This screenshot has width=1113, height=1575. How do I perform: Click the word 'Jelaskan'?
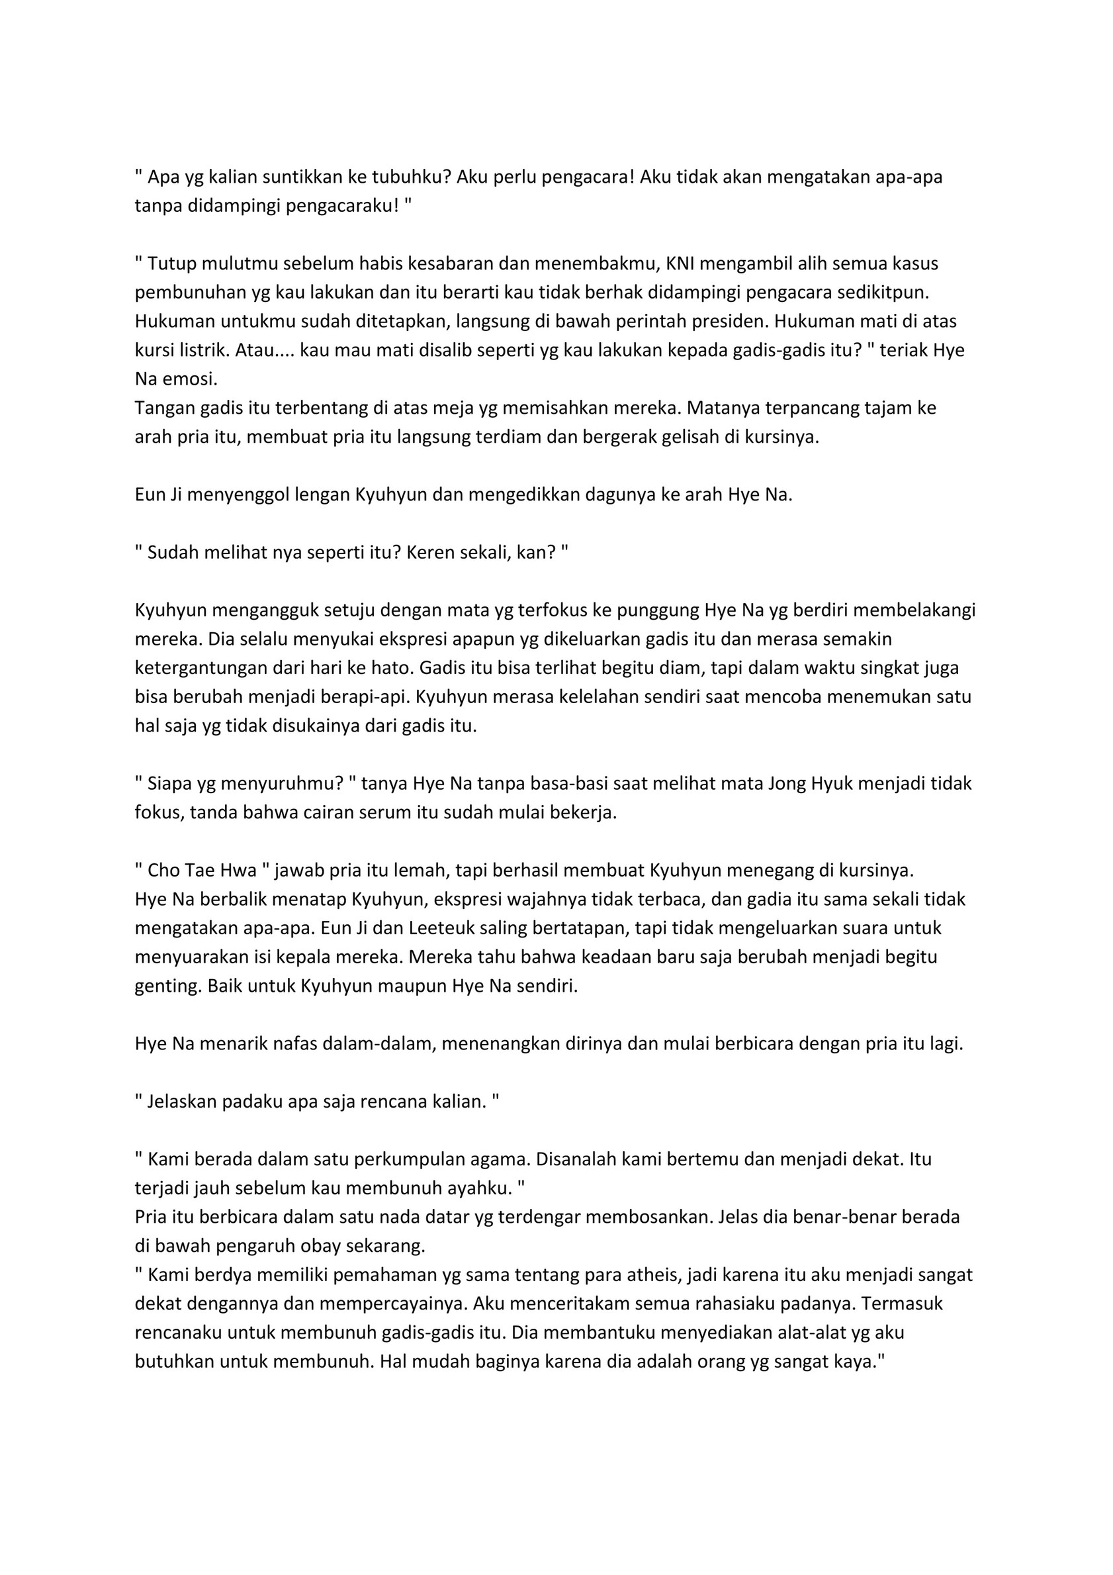tap(178, 1102)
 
